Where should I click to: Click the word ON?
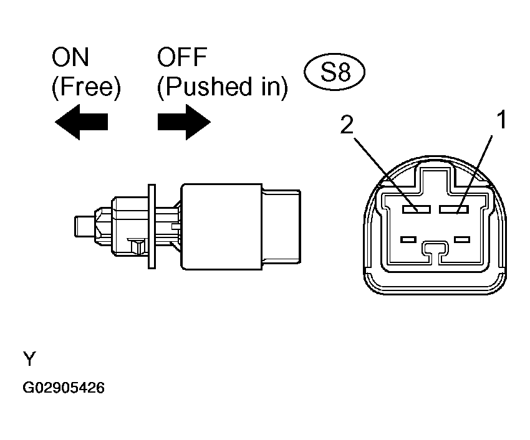click(x=70, y=59)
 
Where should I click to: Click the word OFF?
click(x=182, y=59)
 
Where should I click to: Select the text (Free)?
click(x=85, y=88)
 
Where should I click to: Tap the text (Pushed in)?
click(x=222, y=88)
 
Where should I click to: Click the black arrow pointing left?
click(x=81, y=121)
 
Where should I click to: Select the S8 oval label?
click(x=335, y=74)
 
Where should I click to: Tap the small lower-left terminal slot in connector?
click(x=408, y=239)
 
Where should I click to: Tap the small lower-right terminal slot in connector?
click(x=461, y=239)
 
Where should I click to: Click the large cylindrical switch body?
click(x=221, y=226)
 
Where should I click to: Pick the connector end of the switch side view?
click(x=281, y=225)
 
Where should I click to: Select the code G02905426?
click(x=64, y=388)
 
